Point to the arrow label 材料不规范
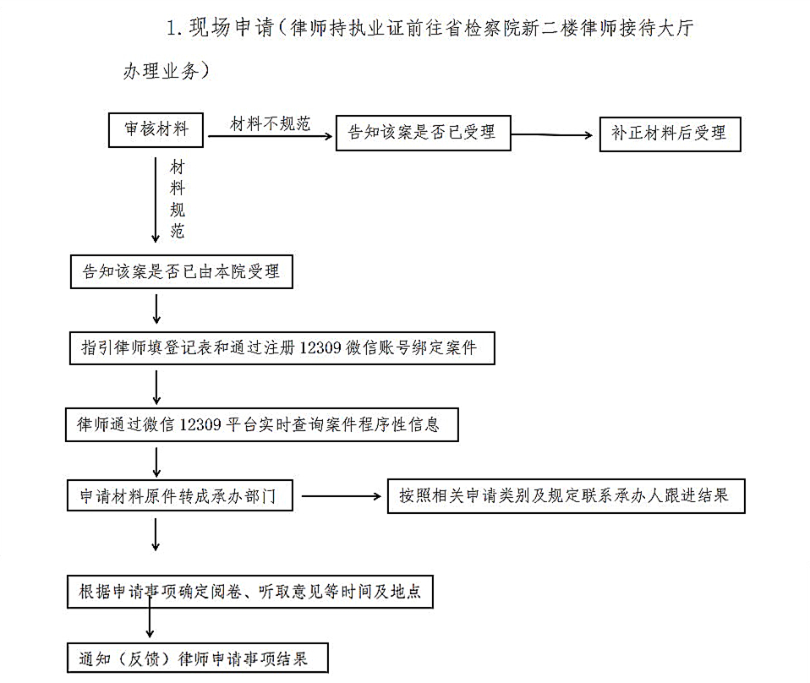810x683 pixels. (271, 124)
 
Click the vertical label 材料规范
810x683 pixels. (178, 199)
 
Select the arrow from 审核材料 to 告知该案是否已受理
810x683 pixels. (271, 136)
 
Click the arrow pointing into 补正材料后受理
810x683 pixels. (552, 135)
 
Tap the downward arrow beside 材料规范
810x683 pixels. (156, 200)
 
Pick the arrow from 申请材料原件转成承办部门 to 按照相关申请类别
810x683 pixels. (342, 496)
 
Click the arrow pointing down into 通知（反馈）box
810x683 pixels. (150, 614)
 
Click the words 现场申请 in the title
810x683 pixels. (231, 27)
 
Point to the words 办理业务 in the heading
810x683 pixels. (161, 71)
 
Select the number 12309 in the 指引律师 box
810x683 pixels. (320, 347)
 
